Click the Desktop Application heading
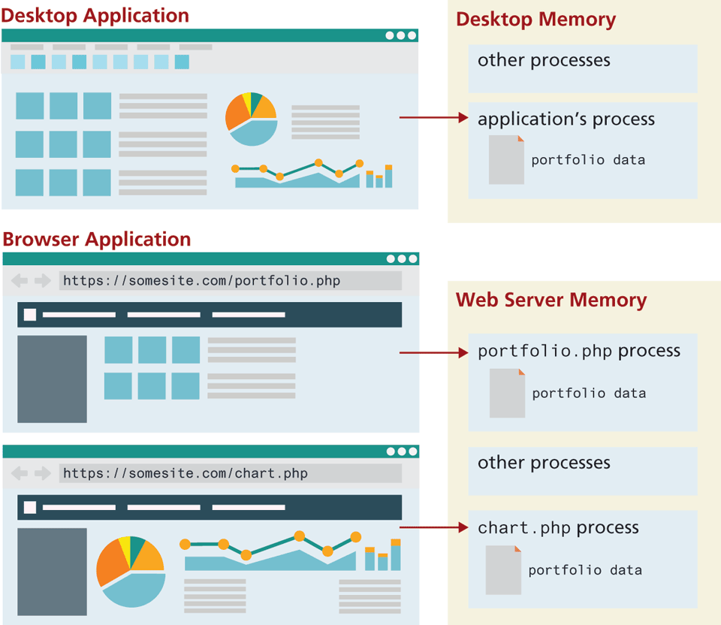coord(95,15)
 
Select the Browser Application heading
coord(97,240)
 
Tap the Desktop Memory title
coord(535,20)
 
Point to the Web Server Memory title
coord(551,300)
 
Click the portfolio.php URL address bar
coord(230,281)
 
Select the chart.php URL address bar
coord(230,473)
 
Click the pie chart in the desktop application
coord(252,119)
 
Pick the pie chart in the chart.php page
coord(131,570)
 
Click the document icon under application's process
coord(506,160)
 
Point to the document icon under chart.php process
coord(503,570)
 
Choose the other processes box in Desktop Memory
coord(583,68)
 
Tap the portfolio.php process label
coord(579,351)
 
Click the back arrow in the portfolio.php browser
coord(20,281)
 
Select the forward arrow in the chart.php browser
coord(43,473)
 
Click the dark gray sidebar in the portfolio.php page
coord(52,379)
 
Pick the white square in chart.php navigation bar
coord(30,507)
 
